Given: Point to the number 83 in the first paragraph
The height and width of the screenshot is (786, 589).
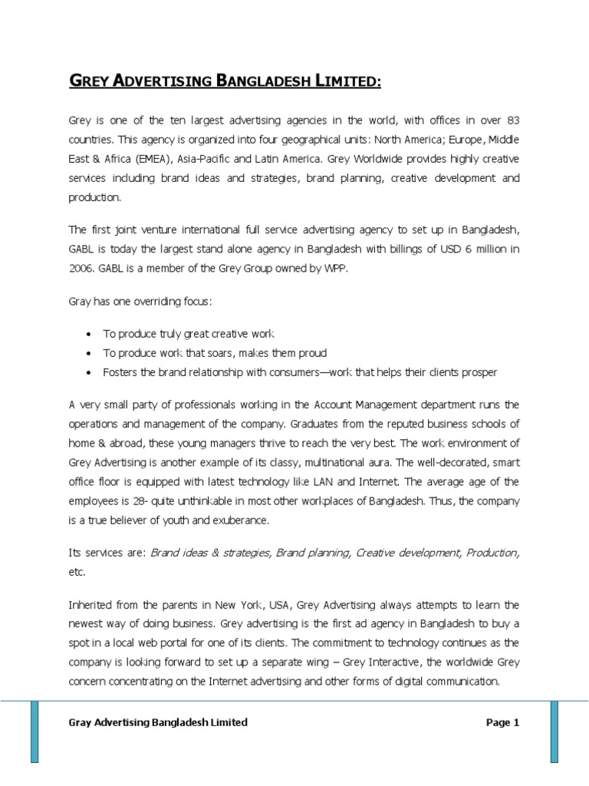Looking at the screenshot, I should [513, 121].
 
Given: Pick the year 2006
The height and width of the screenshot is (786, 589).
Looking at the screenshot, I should [82, 268].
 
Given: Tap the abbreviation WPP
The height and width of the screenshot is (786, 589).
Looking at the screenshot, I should [344, 268].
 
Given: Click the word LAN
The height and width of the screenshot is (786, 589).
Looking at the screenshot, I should [324, 481].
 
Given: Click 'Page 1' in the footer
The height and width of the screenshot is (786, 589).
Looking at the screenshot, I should [502, 722].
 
